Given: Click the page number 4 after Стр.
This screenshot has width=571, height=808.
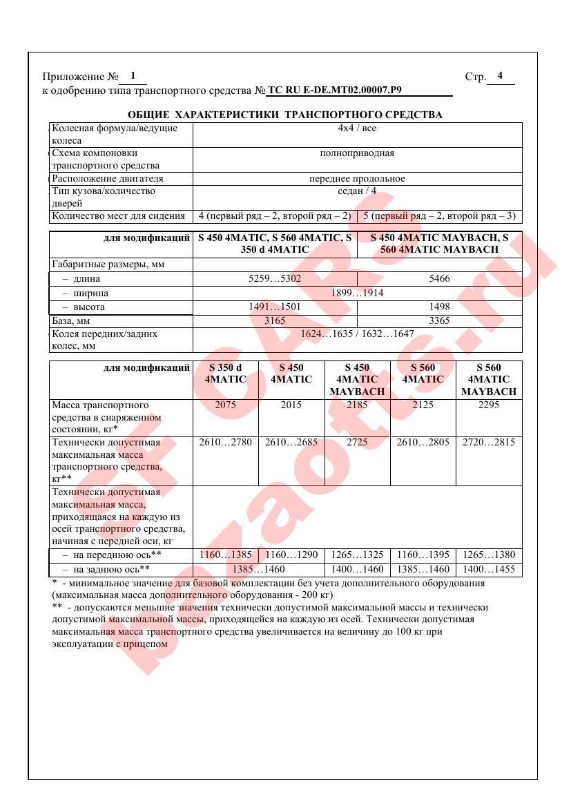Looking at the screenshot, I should pos(500,76).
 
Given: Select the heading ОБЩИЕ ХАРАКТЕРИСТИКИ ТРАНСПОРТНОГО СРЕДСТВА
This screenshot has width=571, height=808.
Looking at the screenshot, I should pos(285,115).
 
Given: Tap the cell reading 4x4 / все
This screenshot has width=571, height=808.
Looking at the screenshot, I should pos(357,128).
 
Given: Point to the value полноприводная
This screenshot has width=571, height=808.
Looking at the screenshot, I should pos(357,153).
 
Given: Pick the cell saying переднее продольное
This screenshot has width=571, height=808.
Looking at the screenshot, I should pos(357,178).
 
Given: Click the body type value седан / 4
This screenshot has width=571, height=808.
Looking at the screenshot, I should pos(357,191).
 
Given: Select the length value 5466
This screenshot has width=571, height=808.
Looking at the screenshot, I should pos(439,279).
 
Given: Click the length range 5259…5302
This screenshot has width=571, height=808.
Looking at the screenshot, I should pos(275,279).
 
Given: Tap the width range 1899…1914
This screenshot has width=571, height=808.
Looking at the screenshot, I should pos(357,293).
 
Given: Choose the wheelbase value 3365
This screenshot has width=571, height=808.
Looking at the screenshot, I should pos(439,320).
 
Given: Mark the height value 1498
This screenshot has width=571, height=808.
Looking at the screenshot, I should pos(439,307).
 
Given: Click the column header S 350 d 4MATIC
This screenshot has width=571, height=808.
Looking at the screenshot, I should pos(225,374).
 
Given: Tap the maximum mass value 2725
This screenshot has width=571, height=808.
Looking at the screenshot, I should pos(357,443).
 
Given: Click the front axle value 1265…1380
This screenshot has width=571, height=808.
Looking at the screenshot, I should pos(489,555).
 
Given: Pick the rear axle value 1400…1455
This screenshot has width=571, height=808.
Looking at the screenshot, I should pos(489,570).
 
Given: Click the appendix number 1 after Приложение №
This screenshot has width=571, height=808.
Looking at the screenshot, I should pos(133,76).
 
